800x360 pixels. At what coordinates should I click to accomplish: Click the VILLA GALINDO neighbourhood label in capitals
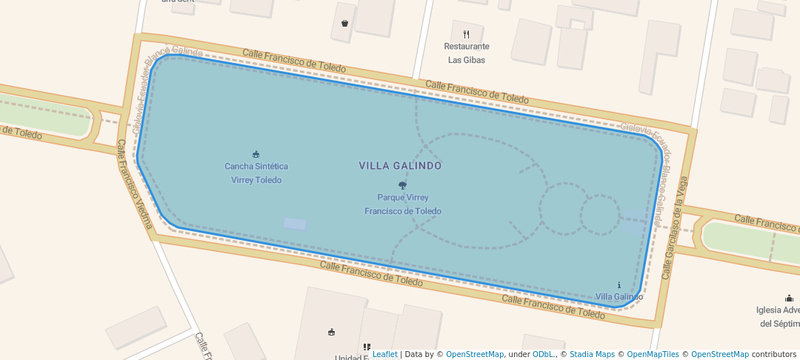click(x=400, y=166)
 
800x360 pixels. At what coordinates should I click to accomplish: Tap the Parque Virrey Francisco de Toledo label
click(x=402, y=204)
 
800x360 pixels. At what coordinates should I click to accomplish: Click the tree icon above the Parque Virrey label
click(x=402, y=186)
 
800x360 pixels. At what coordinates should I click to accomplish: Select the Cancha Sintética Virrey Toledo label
click(x=256, y=173)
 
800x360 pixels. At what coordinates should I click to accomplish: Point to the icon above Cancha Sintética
click(x=256, y=154)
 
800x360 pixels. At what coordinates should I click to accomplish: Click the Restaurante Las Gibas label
click(x=467, y=53)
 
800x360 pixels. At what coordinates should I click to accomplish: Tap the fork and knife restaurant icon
click(x=466, y=34)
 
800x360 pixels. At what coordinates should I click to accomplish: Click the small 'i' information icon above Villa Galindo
click(x=619, y=285)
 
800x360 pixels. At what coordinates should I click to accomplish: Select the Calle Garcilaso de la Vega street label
click(x=675, y=227)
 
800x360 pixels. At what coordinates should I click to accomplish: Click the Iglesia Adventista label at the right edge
click(x=778, y=317)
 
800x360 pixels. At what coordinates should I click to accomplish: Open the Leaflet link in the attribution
click(x=384, y=354)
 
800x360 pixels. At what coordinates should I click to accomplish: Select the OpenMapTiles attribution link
click(x=653, y=354)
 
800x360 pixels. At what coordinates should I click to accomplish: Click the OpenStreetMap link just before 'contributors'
click(x=719, y=354)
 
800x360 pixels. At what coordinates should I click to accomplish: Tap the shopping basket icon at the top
click(x=344, y=23)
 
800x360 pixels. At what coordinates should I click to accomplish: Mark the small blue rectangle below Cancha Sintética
click(x=295, y=224)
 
